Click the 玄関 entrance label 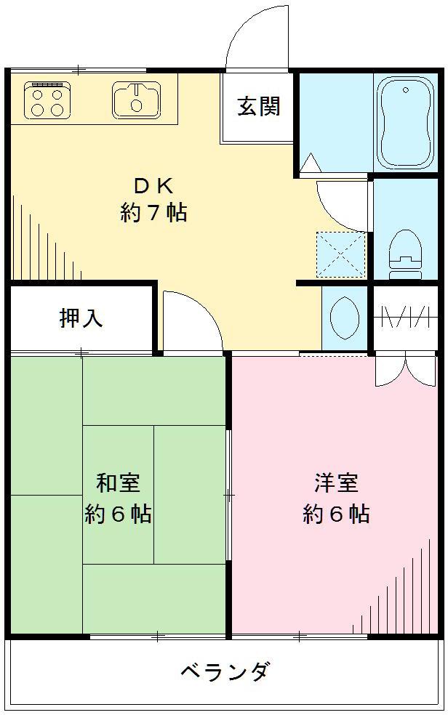click(x=258, y=107)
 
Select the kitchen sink click(x=136, y=100)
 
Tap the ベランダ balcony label click(x=225, y=670)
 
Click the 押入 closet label click(x=81, y=318)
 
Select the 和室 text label click(x=119, y=482)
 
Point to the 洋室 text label click(x=336, y=482)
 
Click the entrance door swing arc click(x=255, y=36)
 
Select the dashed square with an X click(x=342, y=254)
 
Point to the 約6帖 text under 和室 click(x=119, y=514)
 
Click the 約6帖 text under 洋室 click(x=336, y=514)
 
